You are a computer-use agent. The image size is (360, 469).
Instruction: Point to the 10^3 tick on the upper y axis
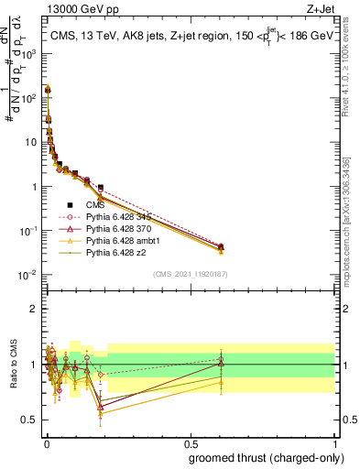[x=30, y=54]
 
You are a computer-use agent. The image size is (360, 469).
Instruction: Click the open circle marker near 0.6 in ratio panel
[x=220, y=359]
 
